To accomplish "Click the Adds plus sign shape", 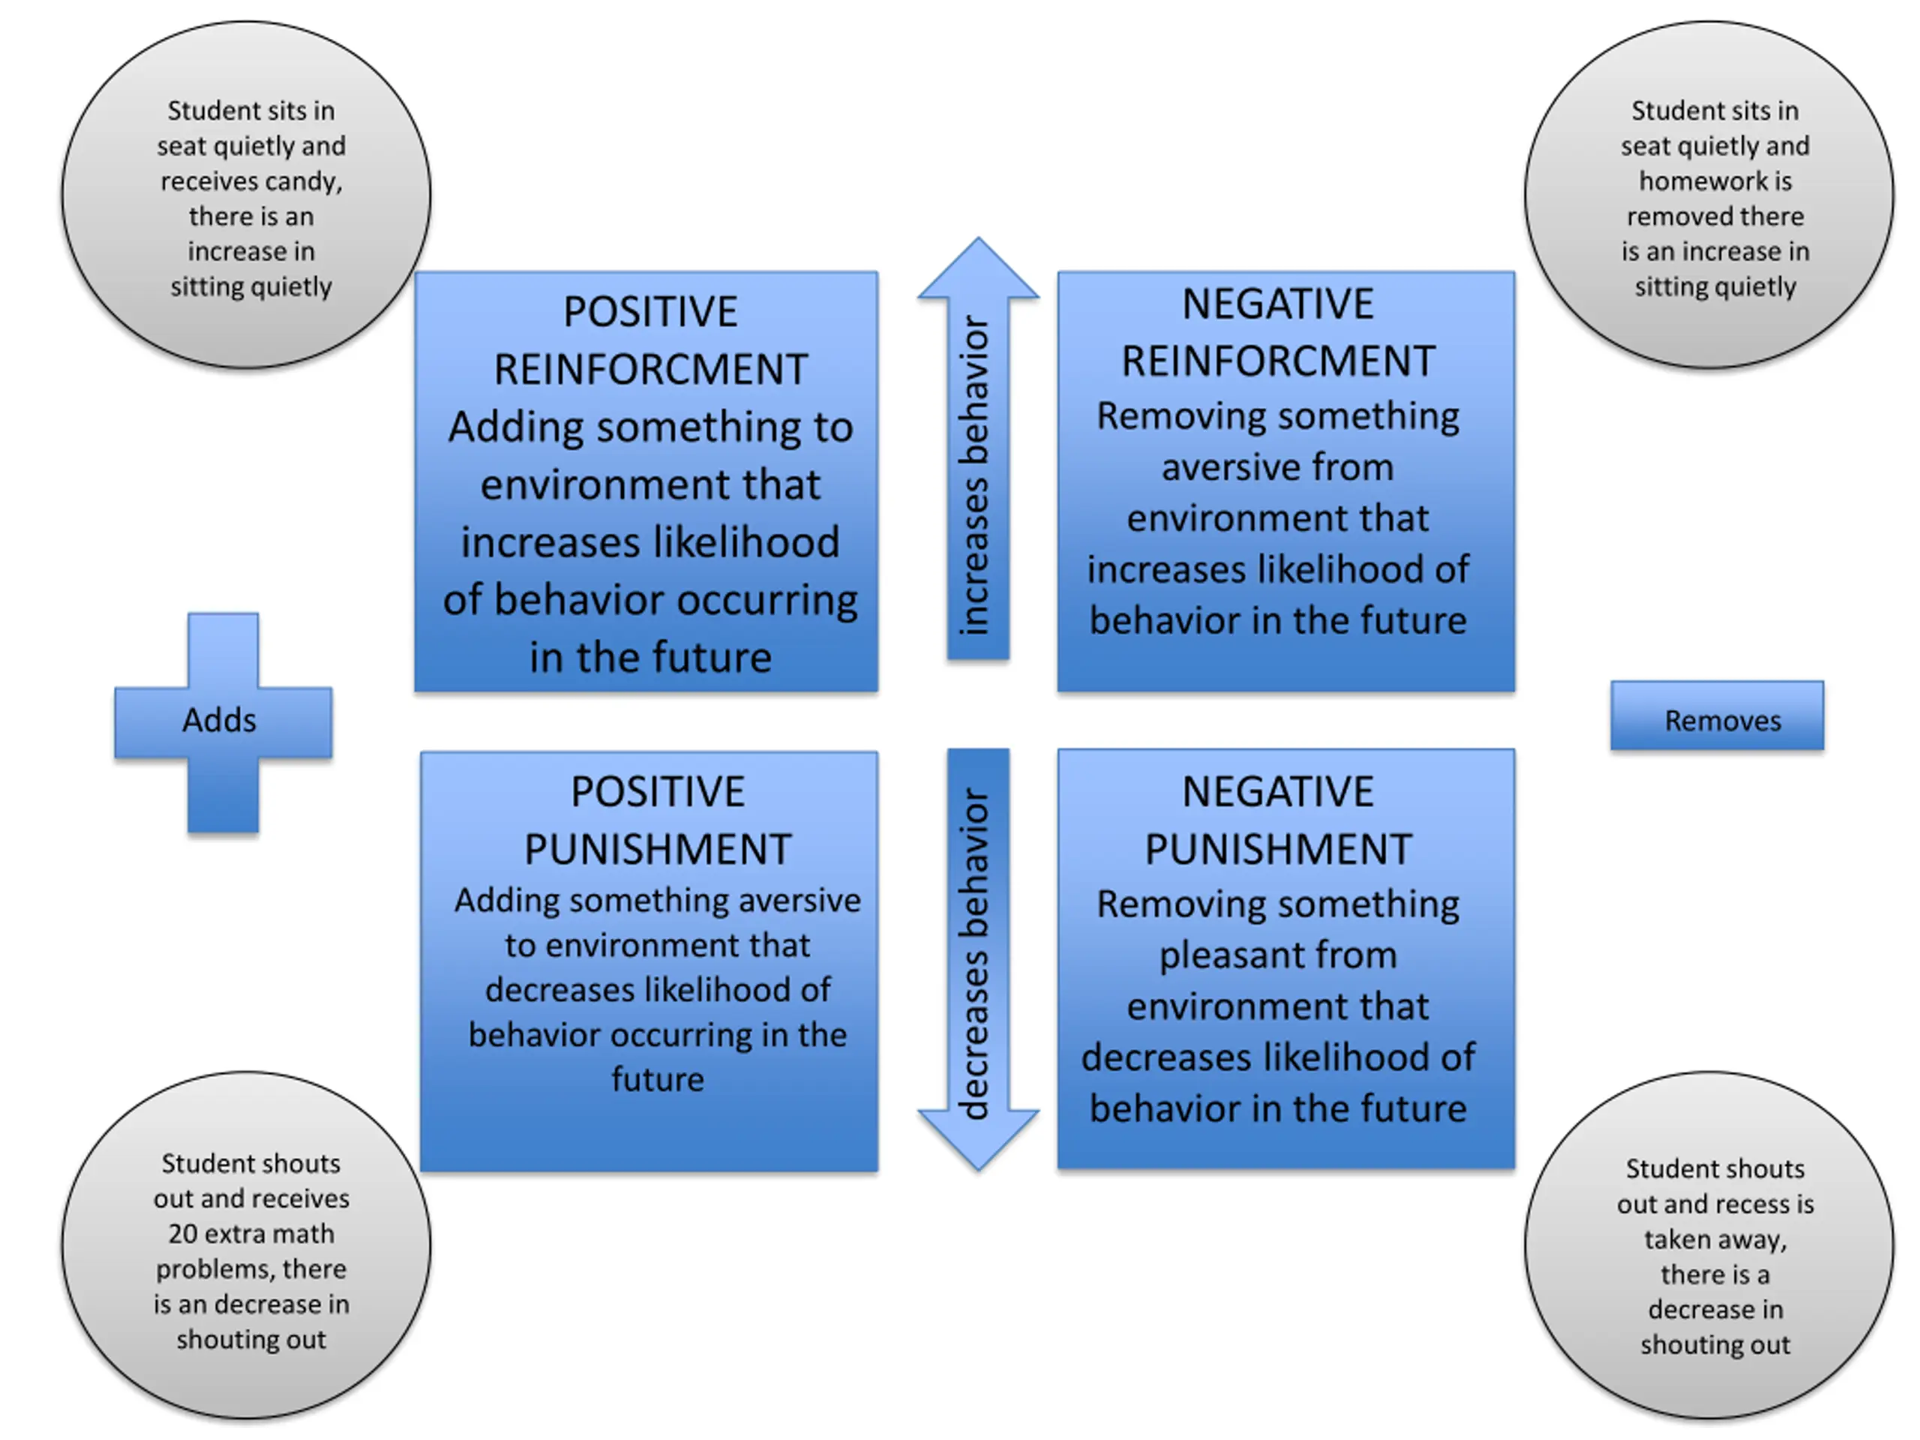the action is coord(223,722).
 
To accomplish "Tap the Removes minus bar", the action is coord(1717,715).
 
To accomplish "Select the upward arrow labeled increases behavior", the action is coord(978,448).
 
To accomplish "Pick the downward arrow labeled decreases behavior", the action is coord(978,959).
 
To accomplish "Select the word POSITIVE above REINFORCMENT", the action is coord(650,311).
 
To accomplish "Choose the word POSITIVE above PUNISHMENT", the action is coord(657,791).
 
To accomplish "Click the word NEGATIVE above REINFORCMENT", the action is coord(1278,304).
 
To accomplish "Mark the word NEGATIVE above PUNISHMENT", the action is coord(1278,791).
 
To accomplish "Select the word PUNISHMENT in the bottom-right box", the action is coord(1278,849).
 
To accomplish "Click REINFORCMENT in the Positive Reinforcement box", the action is coord(650,370).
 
